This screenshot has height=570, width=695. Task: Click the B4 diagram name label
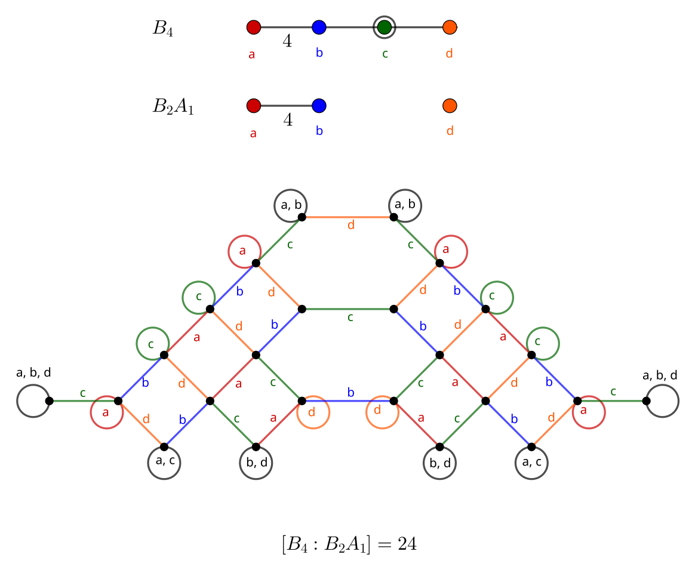coord(162,28)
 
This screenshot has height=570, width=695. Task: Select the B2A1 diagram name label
coord(173,107)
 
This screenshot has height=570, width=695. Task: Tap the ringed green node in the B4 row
coord(385,27)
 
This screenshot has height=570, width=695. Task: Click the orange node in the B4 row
coord(450,27)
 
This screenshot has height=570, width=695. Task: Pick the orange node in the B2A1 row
coord(450,106)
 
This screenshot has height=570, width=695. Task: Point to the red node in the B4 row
coord(253,27)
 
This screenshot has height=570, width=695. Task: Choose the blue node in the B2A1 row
coord(319,106)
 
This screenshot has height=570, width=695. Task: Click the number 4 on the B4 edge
coord(287,41)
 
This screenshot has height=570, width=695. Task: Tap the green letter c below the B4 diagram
coord(385,54)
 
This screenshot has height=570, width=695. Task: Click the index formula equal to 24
coord(349,544)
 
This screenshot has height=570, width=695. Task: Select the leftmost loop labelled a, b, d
coord(33,401)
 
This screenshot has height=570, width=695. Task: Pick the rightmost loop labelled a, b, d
coord(662,401)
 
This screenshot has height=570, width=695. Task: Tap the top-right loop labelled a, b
coord(405,205)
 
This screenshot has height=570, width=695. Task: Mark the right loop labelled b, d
coord(440,462)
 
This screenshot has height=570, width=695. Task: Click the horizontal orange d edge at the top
coord(347,217)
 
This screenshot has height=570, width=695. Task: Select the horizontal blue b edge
coord(347,400)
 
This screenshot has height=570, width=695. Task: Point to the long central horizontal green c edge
coord(347,309)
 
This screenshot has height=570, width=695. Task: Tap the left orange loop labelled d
coord(313,412)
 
